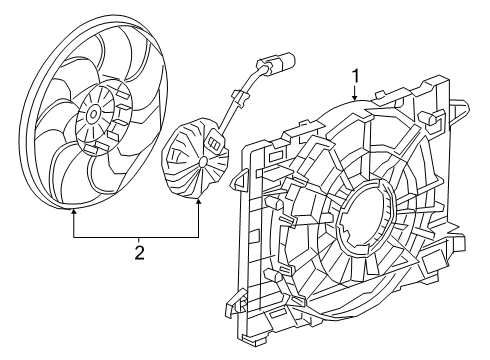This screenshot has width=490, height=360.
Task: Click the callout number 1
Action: [x=356, y=73]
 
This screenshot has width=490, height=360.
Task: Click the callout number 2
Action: [x=139, y=252]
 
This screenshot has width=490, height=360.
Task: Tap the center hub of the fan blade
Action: [x=92, y=116]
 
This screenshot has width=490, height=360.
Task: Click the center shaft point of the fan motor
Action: [x=204, y=160]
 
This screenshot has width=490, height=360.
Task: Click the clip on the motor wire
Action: [x=240, y=97]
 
